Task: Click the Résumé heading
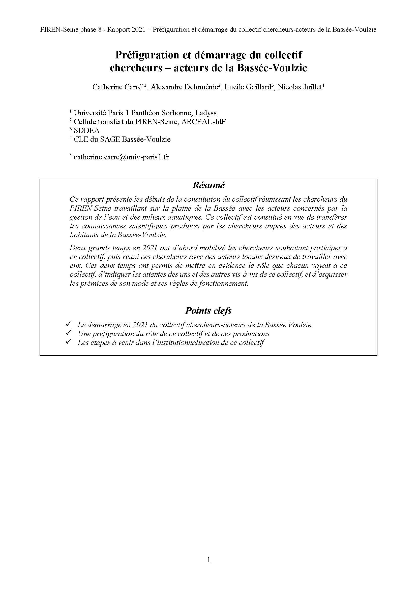(x=208, y=186)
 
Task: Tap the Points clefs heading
(x=208, y=311)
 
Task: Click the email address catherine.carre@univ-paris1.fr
(x=121, y=157)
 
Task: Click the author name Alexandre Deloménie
(x=184, y=87)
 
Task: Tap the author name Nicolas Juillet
(x=300, y=87)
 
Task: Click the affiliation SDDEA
(x=86, y=131)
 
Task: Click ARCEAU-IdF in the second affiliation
(x=204, y=122)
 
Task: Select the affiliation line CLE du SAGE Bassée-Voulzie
(x=122, y=139)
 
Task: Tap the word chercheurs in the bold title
(x=136, y=68)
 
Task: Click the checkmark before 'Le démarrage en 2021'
(x=68, y=325)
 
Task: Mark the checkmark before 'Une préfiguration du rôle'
(x=68, y=333)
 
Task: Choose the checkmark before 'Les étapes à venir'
(x=68, y=342)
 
